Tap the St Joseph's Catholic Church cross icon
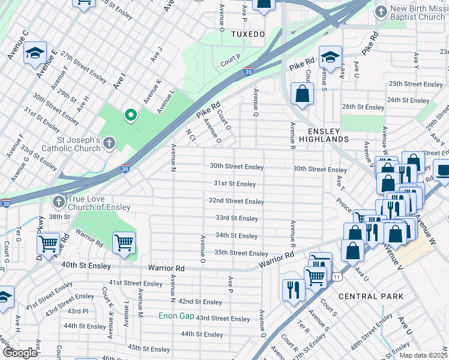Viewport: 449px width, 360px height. click(109, 143)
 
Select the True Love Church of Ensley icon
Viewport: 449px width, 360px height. click(58, 202)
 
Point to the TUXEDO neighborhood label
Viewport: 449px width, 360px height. click(248, 35)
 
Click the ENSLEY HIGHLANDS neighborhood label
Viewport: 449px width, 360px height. click(328, 135)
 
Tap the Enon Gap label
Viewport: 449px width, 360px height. click(176, 316)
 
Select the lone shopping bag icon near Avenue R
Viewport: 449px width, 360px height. click(302, 94)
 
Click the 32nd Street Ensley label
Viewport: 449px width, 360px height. click(237, 201)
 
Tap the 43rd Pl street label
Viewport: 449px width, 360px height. click(77, 311)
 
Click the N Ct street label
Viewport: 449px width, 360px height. click(191, 135)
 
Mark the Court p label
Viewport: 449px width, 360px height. click(230, 60)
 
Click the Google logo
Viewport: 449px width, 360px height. click(20, 353)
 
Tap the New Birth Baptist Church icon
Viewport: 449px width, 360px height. click(381, 11)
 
